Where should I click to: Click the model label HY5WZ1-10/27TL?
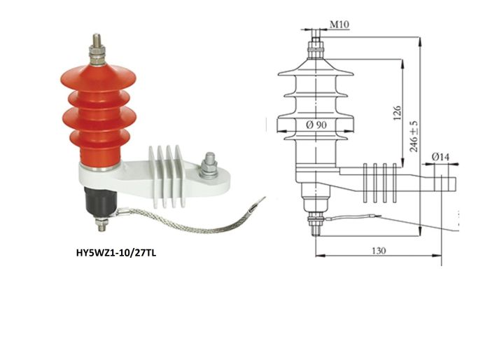pos(116,253)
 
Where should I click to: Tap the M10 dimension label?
pos(339,25)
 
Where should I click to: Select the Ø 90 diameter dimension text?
pos(316,125)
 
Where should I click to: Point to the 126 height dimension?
pos(397,113)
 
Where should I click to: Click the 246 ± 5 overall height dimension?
pos(414,136)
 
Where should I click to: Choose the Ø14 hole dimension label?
pos(440,157)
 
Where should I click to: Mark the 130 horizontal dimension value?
pos(379,251)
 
